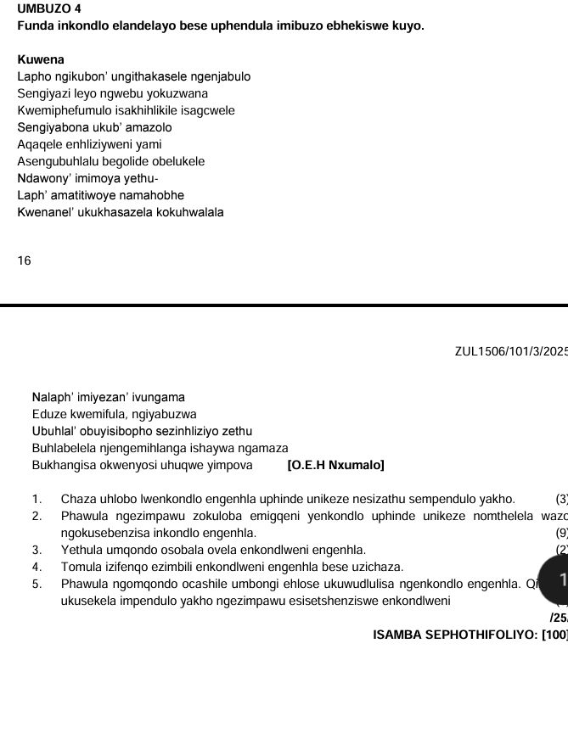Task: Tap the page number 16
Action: coord(24,261)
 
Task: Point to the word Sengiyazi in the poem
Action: coord(42,93)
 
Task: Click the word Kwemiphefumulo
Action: coord(61,110)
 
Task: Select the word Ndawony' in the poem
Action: coord(42,178)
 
